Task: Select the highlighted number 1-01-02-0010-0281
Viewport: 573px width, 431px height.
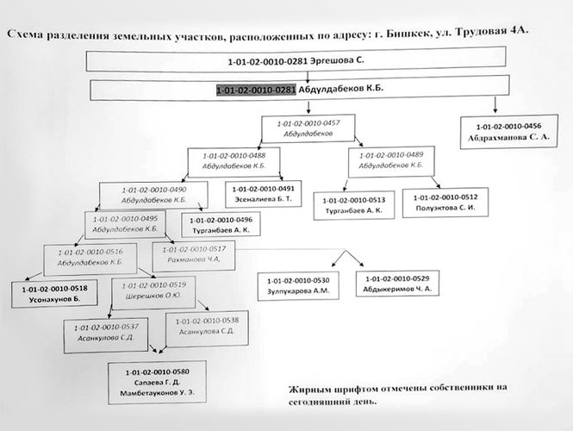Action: click(256, 90)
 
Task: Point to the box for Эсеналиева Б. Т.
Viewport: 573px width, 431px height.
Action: click(265, 193)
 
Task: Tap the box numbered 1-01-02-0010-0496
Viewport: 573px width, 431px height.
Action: click(223, 225)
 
